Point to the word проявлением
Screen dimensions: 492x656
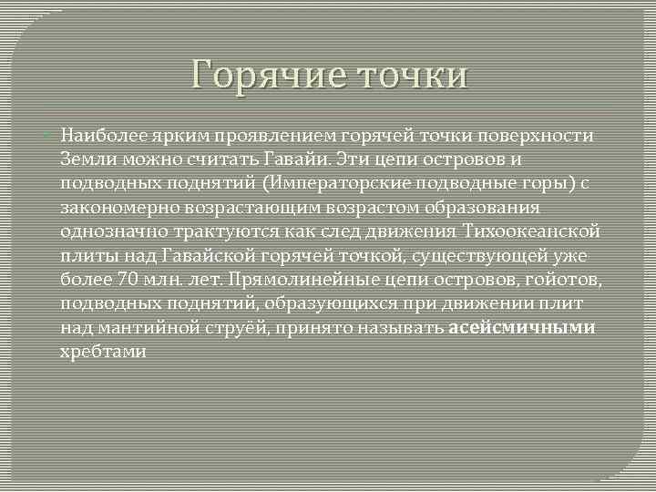click(275, 136)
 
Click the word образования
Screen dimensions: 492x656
click(497, 208)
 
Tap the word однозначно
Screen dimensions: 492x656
click(108, 231)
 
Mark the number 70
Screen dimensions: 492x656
click(127, 279)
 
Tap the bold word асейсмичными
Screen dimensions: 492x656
click(522, 327)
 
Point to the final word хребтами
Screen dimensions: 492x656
click(102, 351)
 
